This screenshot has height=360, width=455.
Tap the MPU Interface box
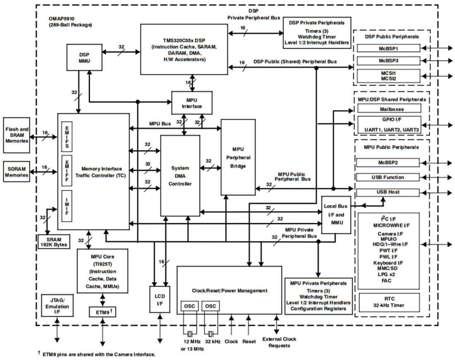click(x=192, y=103)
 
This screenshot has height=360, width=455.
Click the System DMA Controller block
click(x=180, y=176)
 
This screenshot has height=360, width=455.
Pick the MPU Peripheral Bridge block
click(x=238, y=157)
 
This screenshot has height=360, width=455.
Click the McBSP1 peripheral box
click(x=388, y=48)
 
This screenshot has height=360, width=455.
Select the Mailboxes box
click(x=388, y=109)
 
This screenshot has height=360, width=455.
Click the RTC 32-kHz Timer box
click(x=388, y=302)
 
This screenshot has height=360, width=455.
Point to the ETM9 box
click(x=102, y=312)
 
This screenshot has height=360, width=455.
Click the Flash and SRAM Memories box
click(x=17, y=135)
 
